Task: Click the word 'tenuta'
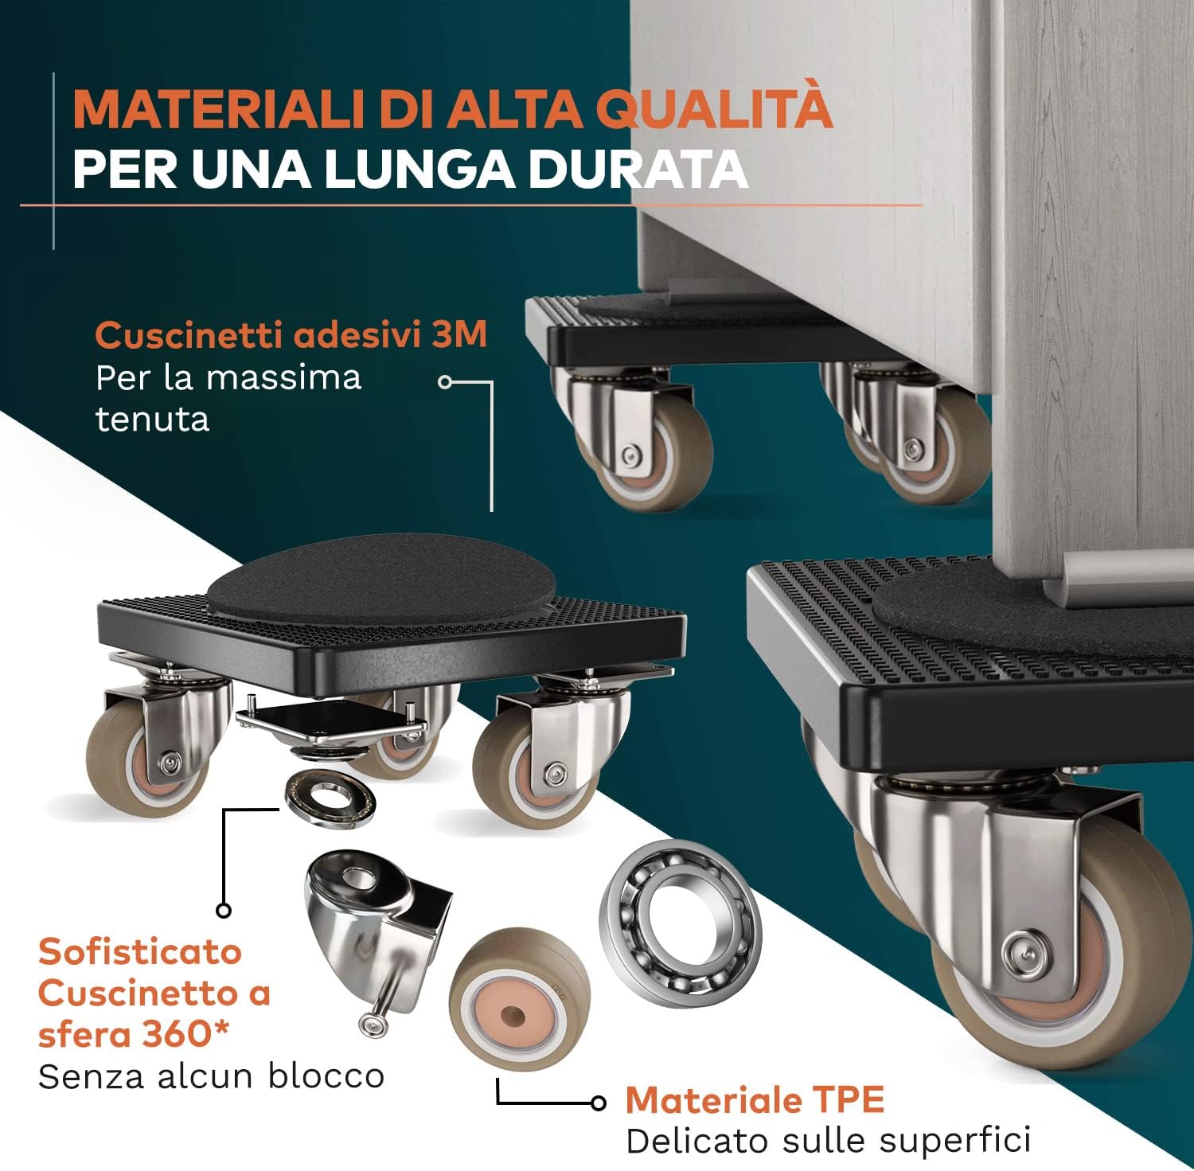pyautogui.click(x=152, y=419)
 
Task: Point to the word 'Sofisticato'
pyautogui.click(x=140, y=951)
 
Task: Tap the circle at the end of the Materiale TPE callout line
pyautogui.click(x=599, y=1103)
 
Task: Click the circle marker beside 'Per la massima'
pyautogui.click(x=445, y=382)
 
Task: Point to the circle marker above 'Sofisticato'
pyautogui.click(x=224, y=910)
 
